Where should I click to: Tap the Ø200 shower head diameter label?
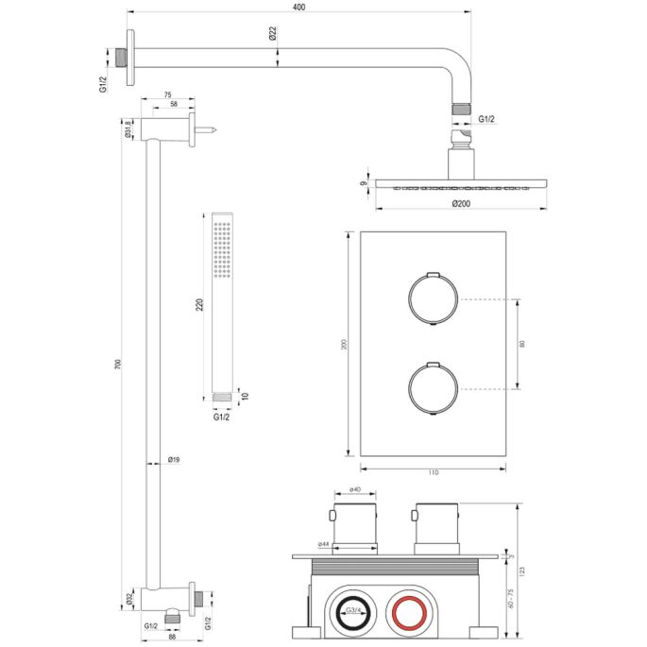[x=461, y=202]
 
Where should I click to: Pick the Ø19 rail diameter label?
[x=173, y=460]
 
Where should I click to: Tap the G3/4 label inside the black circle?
[x=355, y=612]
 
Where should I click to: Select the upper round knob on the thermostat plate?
[x=433, y=299]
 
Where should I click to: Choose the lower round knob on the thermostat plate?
[x=433, y=387]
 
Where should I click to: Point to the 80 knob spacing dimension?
[x=523, y=343]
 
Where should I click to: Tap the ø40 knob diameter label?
[x=357, y=489]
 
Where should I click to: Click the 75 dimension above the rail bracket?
[x=167, y=95]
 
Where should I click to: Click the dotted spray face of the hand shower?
[x=223, y=249]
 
